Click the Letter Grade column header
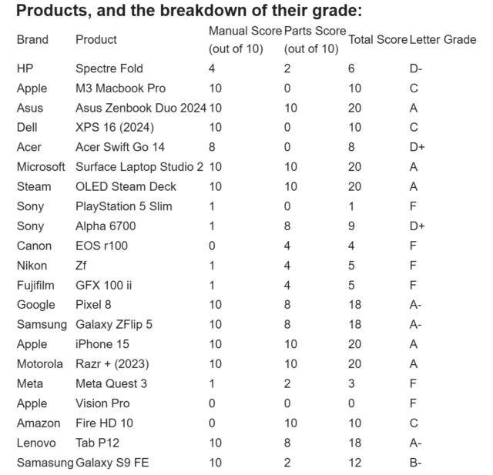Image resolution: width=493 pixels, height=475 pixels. (x=442, y=39)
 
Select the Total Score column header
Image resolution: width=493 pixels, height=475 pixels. (x=377, y=39)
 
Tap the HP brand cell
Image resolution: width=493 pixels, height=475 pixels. (x=25, y=69)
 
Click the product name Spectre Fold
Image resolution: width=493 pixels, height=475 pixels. (x=109, y=69)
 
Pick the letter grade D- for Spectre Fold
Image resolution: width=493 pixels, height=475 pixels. (x=415, y=69)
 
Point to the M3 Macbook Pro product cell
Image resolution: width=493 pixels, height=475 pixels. (x=120, y=89)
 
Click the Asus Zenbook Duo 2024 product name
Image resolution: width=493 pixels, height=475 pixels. (x=140, y=108)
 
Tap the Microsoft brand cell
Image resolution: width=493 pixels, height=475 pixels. (x=41, y=167)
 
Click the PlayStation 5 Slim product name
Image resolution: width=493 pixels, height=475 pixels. (x=123, y=206)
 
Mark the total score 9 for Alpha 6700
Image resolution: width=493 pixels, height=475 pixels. (x=351, y=226)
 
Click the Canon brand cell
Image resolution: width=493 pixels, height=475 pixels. (x=34, y=246)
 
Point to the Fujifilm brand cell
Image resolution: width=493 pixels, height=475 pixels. (x=35, y=286)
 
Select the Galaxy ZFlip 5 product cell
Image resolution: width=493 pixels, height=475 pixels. (x=113, y=325)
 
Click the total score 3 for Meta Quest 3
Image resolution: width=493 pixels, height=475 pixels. (x=351, y=383)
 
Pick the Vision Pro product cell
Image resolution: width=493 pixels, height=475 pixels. (x=102, y=403)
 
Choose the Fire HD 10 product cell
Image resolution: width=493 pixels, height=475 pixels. (x=104, y=423)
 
